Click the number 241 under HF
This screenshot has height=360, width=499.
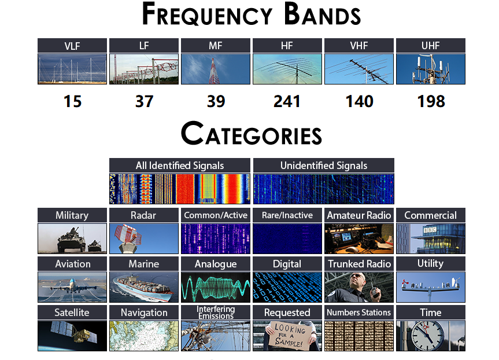point(287,101)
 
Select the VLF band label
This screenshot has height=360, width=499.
point(72,46)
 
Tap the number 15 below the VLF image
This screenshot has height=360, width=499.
point(72,101)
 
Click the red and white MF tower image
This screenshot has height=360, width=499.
point(216,69)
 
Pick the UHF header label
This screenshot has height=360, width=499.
point(431,46)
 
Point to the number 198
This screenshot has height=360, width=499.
point(431,101)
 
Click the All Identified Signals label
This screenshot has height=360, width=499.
point(180,166)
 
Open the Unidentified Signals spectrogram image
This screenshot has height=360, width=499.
point(324,189)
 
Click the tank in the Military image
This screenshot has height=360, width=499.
point(71,241)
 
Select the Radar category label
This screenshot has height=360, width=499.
point(143,215)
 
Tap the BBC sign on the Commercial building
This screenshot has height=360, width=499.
point(430,230)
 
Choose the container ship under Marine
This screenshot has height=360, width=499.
point(143,288)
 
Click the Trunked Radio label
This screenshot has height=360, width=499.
point(359,264)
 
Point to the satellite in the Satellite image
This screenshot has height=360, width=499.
point(74,333)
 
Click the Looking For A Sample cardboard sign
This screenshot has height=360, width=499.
point(289,335)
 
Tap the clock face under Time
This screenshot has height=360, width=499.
point(427,336)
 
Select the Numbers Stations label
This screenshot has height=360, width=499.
point(358,313)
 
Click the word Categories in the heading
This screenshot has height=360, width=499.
point(252,134)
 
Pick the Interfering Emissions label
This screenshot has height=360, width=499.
point(216,313)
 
